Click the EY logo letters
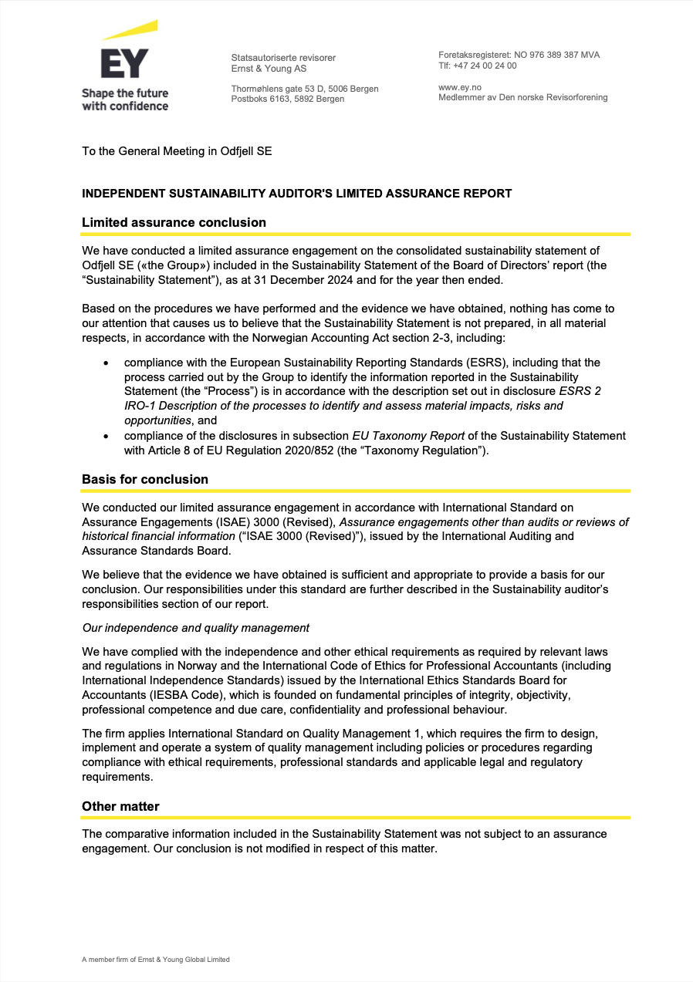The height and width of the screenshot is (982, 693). pos(124,64)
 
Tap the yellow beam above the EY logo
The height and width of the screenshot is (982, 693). pos(131,31)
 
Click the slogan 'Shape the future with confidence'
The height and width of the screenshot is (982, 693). pos(125,100)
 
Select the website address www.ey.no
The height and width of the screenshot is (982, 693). pos(460,87)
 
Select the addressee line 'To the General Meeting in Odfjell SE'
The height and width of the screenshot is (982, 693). pos(177,151)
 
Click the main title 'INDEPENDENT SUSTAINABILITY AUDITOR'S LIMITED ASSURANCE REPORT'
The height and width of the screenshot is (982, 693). pos(296,194)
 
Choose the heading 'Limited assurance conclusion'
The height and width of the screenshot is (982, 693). pos(174,222)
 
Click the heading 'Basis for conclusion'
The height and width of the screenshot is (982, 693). pos(145,479)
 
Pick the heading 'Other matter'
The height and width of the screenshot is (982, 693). pos(120,806)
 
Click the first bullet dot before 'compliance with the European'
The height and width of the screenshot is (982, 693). pos(105,363)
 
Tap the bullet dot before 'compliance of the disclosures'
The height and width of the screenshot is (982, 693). pos(105,436)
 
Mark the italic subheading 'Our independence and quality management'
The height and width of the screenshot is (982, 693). pos(196,627)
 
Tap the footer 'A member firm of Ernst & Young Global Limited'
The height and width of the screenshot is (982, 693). pos(156,960)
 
